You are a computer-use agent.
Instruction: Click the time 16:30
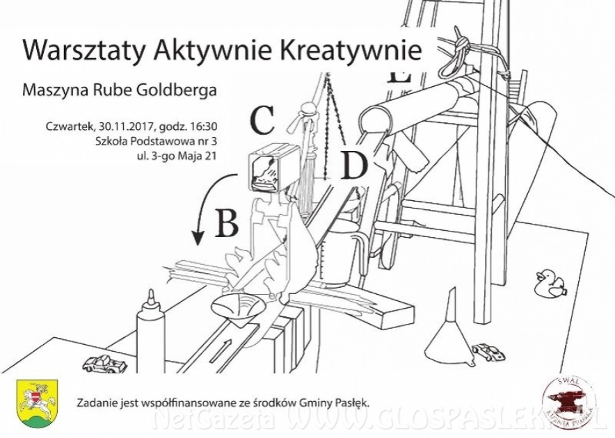[x=203, y=127]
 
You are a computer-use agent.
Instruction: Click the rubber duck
[x=550, y=283]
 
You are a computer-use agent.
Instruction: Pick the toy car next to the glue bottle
[x=102, y=363]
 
